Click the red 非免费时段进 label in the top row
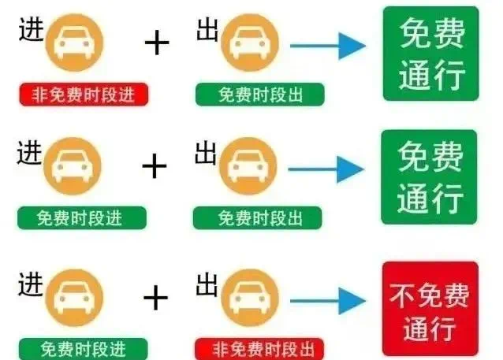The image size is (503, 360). (x=84, y=95)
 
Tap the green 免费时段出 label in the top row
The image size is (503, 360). (x=260, y=95)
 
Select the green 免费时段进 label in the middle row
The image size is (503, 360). (x=82, y=218)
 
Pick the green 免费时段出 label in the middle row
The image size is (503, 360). (x=257, y=218)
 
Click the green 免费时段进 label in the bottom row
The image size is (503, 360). (x=84, y=349)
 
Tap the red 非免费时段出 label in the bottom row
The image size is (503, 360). (x=259, y=349)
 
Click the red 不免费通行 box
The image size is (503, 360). (x=430, y=309)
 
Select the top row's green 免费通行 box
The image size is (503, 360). (x=430, y=54)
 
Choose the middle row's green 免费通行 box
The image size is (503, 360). (x=429, y=177)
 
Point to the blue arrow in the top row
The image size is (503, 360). (x=328, y=46)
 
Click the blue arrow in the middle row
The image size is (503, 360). (x=326, y=169)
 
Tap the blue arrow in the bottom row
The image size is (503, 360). (x=328, y=301)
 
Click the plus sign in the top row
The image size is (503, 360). (x=157, y=43)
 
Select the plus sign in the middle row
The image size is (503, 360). (x=155, y=165)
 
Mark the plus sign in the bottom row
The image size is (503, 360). (x=155, y=298)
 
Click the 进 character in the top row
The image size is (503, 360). (x=31, y=29)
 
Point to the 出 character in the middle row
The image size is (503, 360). (x=206, y=153)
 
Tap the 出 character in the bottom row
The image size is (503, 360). (x=207, y=284)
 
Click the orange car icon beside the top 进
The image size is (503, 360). (x=74, y=43)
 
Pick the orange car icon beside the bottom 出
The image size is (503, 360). (x=250, y=298)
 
